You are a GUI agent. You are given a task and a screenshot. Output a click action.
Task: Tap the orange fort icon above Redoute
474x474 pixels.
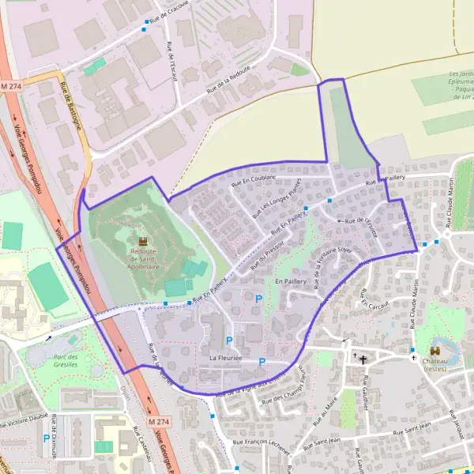point(143,240)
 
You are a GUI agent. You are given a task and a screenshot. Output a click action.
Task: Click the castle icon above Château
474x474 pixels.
point(435,350)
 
